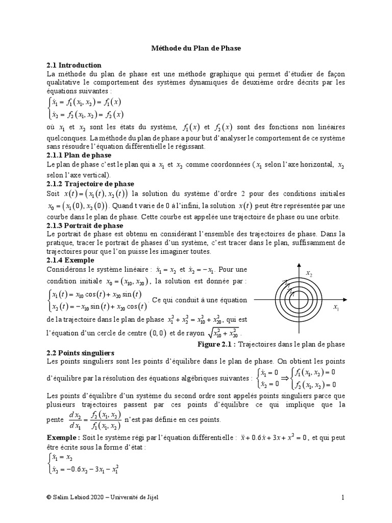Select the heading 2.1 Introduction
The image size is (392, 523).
[x=74, y=65]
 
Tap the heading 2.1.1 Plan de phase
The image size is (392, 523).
[x=79, y=155]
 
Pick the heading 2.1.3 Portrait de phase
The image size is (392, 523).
[x=85, y=225]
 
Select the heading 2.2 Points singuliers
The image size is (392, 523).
[x=80, y=353]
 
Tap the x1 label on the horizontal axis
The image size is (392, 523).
[x=336, y=308]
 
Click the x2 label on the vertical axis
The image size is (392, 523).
[x=309, y=275]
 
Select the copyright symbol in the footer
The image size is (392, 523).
[x=48, y=498]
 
